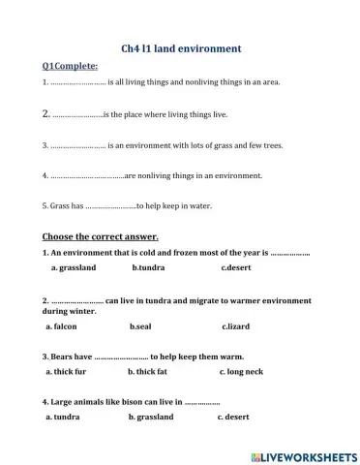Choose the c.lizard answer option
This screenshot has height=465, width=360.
pos(237,326)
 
